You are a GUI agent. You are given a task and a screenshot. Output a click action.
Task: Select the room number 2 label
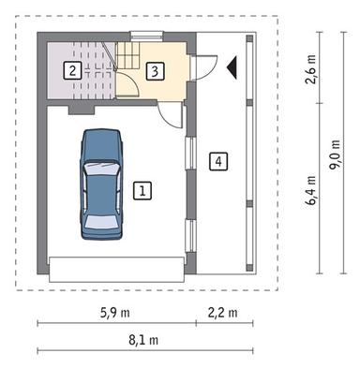(x=69, y=68)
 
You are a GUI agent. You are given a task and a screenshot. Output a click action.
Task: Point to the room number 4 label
(x=217, y=161)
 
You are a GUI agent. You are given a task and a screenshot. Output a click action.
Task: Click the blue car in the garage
(x=101, y=186)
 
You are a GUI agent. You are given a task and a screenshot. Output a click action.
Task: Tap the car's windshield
(x=101, y=170)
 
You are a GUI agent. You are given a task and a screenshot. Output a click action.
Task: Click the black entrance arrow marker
(x=232, y=67)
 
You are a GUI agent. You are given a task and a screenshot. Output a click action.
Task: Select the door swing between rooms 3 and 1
(x=170, y=115)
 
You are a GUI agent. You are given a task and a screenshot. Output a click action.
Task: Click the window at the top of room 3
(x=140, y=36)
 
